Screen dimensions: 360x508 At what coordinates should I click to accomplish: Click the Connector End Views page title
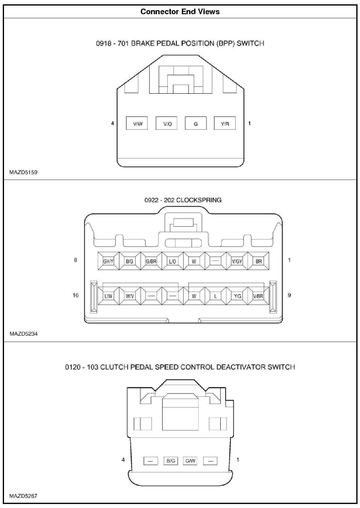coord(180,12)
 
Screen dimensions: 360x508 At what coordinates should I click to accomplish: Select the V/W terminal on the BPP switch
coord(137,124)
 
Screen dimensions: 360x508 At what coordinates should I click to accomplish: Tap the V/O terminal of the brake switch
coord(167,124)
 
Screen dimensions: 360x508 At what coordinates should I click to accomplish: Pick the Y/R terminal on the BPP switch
coord(225,124)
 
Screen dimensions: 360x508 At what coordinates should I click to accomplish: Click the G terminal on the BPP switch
coord(196,124)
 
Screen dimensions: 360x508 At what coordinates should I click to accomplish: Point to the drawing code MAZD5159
coord(23,172)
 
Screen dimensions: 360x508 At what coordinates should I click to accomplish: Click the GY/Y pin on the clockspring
coord(108,261)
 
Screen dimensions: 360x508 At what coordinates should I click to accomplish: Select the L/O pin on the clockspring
coord(172,261)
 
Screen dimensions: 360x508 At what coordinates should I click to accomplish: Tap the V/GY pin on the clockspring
coord(237,261)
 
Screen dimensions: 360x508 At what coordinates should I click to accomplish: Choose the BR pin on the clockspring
coord(259,261)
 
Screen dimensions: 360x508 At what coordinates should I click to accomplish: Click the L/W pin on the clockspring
coord(108,296)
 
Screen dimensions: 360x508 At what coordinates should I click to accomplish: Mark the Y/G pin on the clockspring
coord(237,296)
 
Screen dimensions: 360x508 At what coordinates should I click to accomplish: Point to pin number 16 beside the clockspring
coord(76,295)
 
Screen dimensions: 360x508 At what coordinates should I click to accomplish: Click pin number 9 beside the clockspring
coord(289,295)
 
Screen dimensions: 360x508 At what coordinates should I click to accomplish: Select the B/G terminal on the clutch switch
coord(171,461)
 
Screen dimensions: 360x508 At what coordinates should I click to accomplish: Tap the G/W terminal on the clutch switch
coord(190,461)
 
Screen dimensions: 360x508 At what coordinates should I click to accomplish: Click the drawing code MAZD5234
coord(23,334)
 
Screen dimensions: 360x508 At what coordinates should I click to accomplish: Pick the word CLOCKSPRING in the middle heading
coord(199,200)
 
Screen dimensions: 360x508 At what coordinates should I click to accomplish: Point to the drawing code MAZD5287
coord(23,496)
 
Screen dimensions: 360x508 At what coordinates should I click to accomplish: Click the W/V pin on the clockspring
coord(130,296)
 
